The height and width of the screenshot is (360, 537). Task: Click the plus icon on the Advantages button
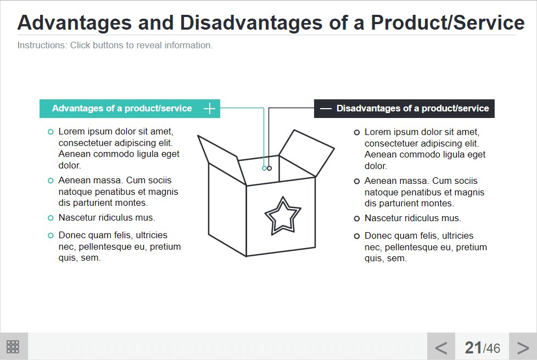click(x=209, y=109)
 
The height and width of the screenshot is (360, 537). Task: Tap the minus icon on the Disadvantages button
click(x=326, y=109)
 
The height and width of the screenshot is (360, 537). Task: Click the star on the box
click(x=283, y=216)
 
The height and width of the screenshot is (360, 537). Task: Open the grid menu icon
click(x=13, y=347)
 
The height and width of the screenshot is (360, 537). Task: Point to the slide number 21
click(x=473, y=348)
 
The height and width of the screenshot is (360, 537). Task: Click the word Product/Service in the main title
click(x=448, y=22)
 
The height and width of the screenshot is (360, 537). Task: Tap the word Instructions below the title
click(x=42, y=45)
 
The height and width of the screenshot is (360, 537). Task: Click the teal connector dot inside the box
click(x=264, y=168)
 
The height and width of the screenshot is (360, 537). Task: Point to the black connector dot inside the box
click(x=269, y=168)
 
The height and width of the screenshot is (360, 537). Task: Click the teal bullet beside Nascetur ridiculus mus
click(x=51, y=218)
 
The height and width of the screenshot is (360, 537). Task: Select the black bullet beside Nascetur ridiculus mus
click(x=357, y=218)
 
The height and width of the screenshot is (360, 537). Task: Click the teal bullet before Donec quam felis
click(x=51, y=235)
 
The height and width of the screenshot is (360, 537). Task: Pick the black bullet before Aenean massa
click(x=357, y=181)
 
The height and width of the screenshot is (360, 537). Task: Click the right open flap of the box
click(x=306, y=153)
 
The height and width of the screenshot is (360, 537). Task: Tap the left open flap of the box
click(x=222, y=160)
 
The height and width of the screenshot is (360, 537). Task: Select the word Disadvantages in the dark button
click(x=368, y=109)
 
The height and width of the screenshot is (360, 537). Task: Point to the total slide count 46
click(x=493, y=348)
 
